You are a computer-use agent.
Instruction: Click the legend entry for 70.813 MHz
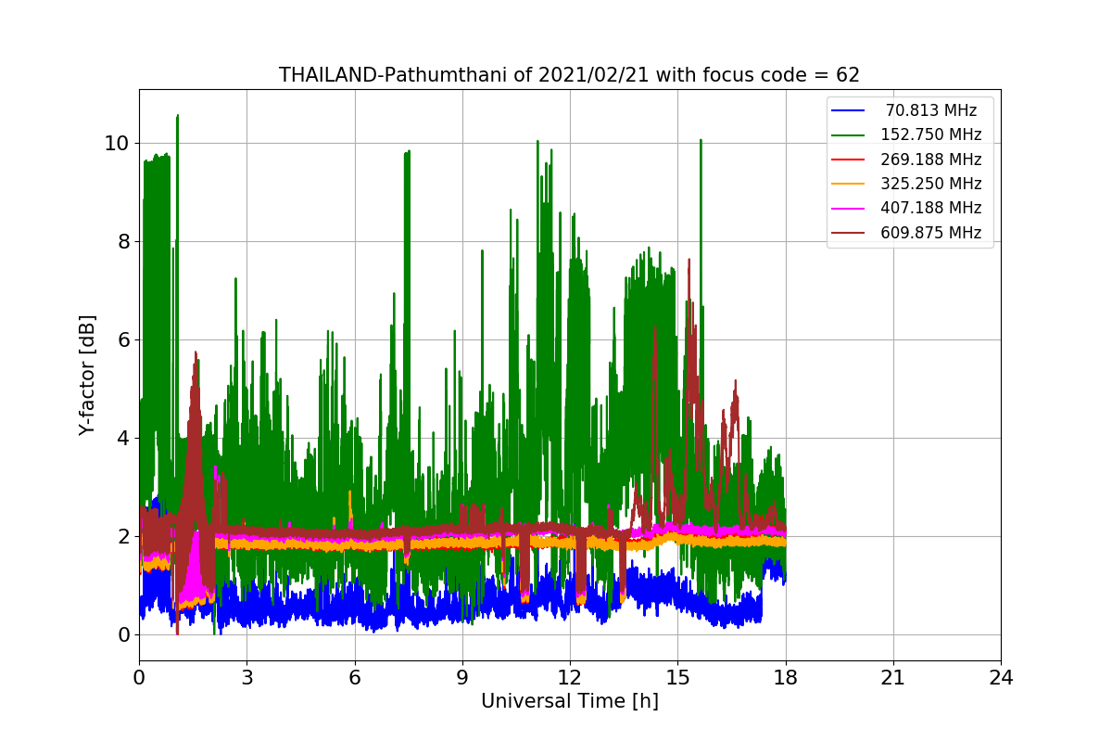tap(930, 110)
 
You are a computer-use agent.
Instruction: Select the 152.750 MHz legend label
tap(930, 134)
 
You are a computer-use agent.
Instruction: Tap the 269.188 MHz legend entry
tap(930, 160)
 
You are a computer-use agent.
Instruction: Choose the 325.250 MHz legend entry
tap(930, 184)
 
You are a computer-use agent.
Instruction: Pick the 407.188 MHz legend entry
tap(930, 208)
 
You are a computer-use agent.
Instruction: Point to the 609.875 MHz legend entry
tap(930, 233)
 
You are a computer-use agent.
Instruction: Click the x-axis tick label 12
tap(570, 678)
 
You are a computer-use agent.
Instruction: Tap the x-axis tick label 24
tap(1001, 678)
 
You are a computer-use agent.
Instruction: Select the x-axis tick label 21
tap(893, 678)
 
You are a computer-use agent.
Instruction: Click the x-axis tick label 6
tap(355, 678)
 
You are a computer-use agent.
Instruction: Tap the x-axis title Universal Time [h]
tap(569, 702)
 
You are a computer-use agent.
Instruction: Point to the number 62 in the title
tap(847, 75)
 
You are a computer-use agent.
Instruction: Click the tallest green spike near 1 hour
tap(177, 117)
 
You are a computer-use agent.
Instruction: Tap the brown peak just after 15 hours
tap(689, 262)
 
